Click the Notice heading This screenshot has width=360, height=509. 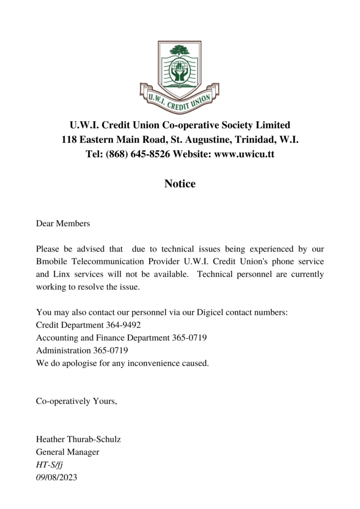pos(180,184)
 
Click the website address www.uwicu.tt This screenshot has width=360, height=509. pos(244,155)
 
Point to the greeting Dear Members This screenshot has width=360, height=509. pos(63,224)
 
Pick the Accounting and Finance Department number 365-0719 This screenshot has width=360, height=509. pos(189,338)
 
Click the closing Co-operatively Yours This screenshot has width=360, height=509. pos(77,401)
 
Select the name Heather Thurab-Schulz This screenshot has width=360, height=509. pos(79,439)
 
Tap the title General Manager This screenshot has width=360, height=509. pos(68,452)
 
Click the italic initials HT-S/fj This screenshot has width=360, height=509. pos(49,465)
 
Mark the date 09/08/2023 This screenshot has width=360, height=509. pos(57,478)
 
